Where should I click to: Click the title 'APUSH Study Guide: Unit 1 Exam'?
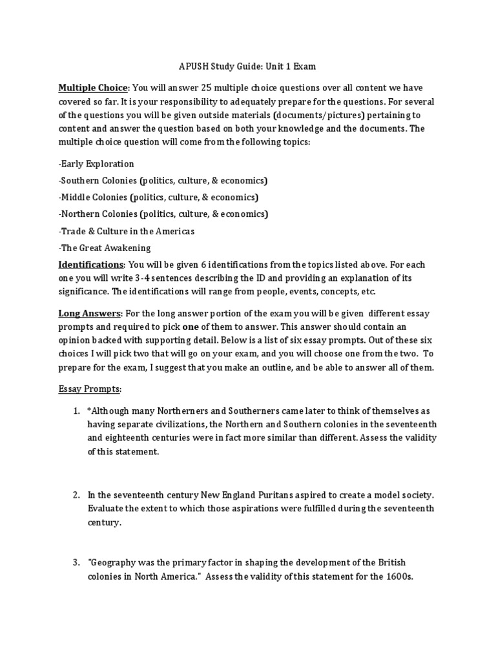(247, 66)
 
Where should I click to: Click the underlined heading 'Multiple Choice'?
(94, 88)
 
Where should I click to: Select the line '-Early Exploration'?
(96, 164)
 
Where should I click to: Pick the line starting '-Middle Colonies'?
(158, 198)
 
